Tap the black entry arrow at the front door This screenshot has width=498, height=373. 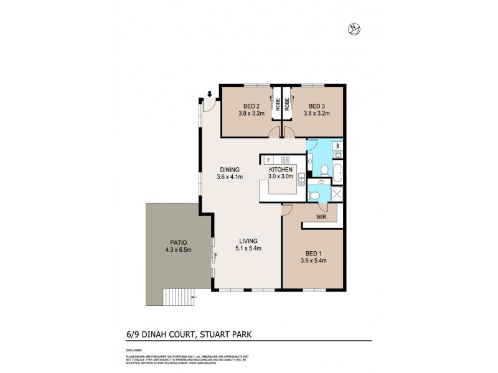click(210, 94)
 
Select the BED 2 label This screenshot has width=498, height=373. click(251, 106)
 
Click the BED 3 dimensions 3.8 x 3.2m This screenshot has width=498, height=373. click(317, 114)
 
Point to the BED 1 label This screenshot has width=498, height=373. click(313, 253)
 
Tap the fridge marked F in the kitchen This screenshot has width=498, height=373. click(269, 159)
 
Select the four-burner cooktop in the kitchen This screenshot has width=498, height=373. click(286, 159)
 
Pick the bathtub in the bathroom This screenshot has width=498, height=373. click(337, 173)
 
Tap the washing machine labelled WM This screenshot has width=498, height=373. click(337, 147)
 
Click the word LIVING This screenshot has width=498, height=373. click(248, 241)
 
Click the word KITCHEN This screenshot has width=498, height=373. click(280, 169)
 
